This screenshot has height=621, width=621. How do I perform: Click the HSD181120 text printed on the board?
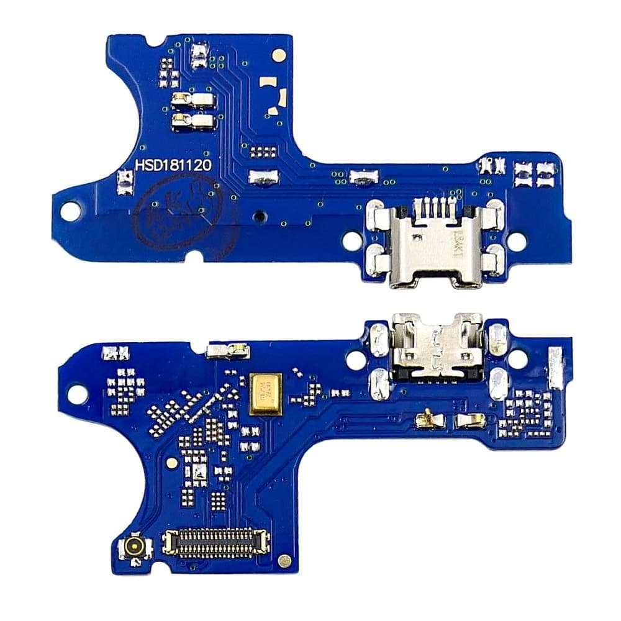[174, 165]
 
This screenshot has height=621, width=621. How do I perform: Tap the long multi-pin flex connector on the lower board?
[215, 543]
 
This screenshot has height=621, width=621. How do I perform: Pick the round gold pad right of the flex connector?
[284, 560]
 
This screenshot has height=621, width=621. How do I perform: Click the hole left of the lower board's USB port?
[356, 359]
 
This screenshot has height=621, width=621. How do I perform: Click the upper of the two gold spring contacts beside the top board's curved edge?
[194, 99]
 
